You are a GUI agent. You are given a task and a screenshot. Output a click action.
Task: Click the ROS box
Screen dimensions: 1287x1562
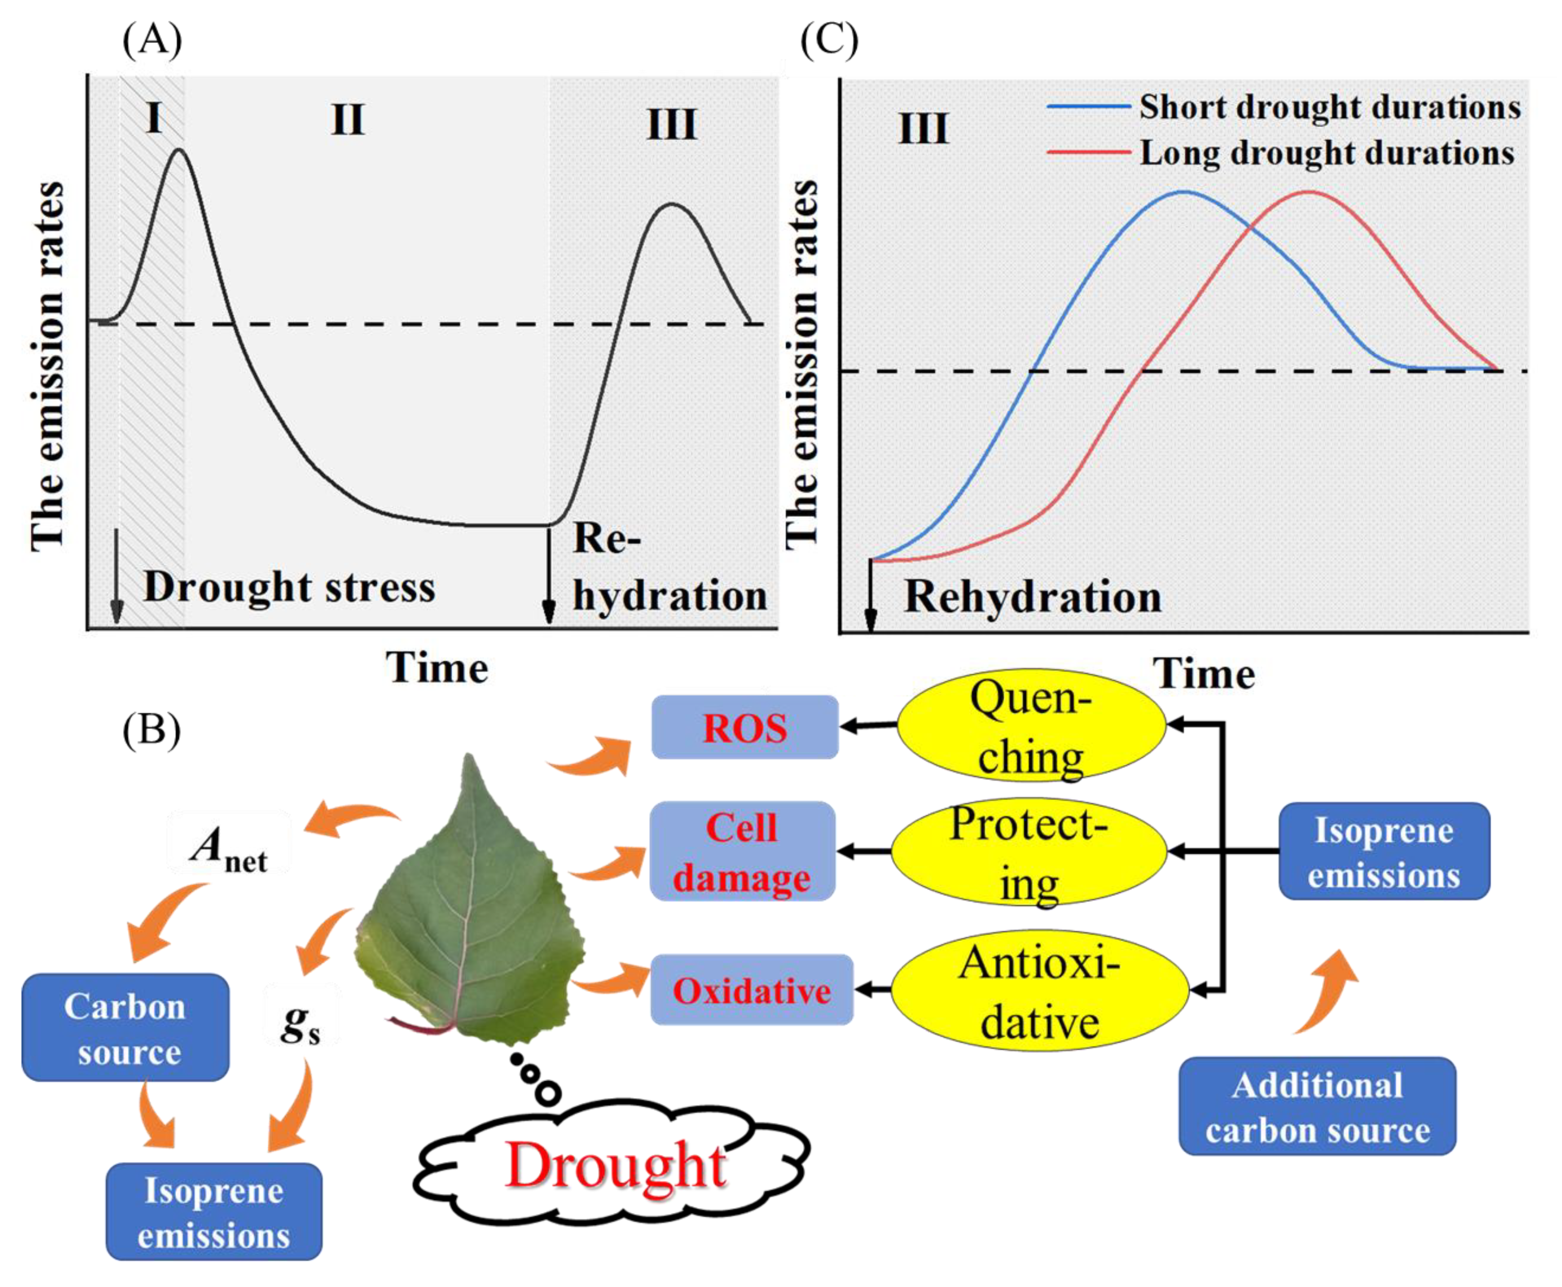point(744,727)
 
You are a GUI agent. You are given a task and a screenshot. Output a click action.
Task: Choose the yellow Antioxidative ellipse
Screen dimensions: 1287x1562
point(1039,991)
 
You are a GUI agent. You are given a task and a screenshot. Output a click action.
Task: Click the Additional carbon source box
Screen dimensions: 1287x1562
point(1317,1107)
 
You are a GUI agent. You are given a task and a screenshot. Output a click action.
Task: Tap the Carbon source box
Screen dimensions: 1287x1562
point(125,1028)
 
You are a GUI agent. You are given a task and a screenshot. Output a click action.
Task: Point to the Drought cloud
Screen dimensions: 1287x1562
point(614,1165)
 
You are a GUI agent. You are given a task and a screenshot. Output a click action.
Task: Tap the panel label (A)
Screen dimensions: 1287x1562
point(152,38)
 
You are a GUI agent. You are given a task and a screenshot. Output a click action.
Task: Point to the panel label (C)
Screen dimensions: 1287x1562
point(829,38)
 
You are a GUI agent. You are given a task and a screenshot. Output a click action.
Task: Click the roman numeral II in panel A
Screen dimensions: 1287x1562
point(348,119)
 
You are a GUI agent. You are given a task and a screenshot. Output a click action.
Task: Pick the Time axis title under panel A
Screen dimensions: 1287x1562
point(437,668)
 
